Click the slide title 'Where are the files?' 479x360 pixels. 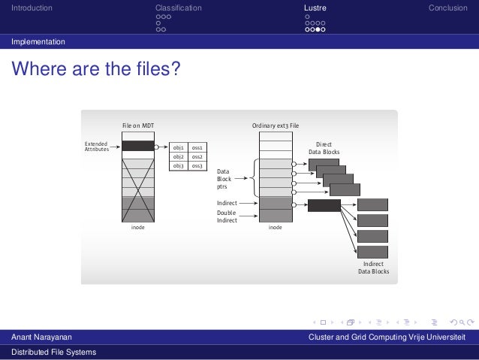95,71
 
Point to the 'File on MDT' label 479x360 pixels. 139,126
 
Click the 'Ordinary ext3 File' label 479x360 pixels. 276,126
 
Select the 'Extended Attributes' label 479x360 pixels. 96,147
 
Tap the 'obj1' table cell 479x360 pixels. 179,148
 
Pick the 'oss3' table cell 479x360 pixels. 197,165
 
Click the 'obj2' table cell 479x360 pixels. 179,157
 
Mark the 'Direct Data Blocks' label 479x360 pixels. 324,148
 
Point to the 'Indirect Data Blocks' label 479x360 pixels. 373,268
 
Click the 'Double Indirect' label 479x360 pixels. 227,216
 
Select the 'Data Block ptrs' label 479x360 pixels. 224,179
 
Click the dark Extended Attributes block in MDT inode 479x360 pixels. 137,147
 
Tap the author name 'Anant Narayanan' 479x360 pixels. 42,337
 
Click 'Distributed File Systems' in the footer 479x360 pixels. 53,352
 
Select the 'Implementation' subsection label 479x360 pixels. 38,41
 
